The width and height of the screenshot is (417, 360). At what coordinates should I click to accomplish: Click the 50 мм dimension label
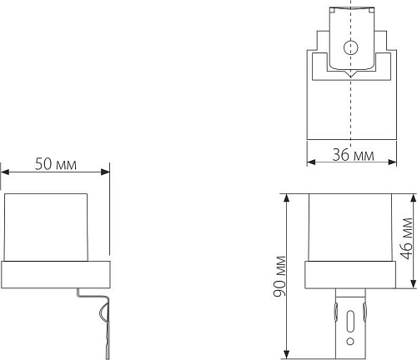pyautogui.click(x=56, y=164)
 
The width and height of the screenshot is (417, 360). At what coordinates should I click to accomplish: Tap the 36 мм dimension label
pyautogui.click(x=354, y=155)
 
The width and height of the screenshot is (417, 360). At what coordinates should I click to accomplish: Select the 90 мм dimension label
pyautogui.click(x=279, y=276)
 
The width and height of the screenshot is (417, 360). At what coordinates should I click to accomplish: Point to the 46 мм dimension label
pyautogui.click(x=407, y=238)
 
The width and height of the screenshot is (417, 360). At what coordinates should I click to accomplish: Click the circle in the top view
pyautogui.click(x=350, y=47)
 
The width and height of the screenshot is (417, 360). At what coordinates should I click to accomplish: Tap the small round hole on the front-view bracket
pyautogui.click(x=350, y=341)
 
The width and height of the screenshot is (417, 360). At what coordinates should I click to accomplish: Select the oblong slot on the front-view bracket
pyautogui.click(x=350, y=321)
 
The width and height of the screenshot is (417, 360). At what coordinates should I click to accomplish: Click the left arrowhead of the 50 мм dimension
pyautogui.click(x=5, y=172)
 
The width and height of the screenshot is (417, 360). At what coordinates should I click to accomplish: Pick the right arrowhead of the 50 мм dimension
pyautogui.click(x=105, y=172)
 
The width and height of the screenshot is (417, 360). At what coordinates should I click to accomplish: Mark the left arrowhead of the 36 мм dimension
pyautogui.click(x=311, y=162)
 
